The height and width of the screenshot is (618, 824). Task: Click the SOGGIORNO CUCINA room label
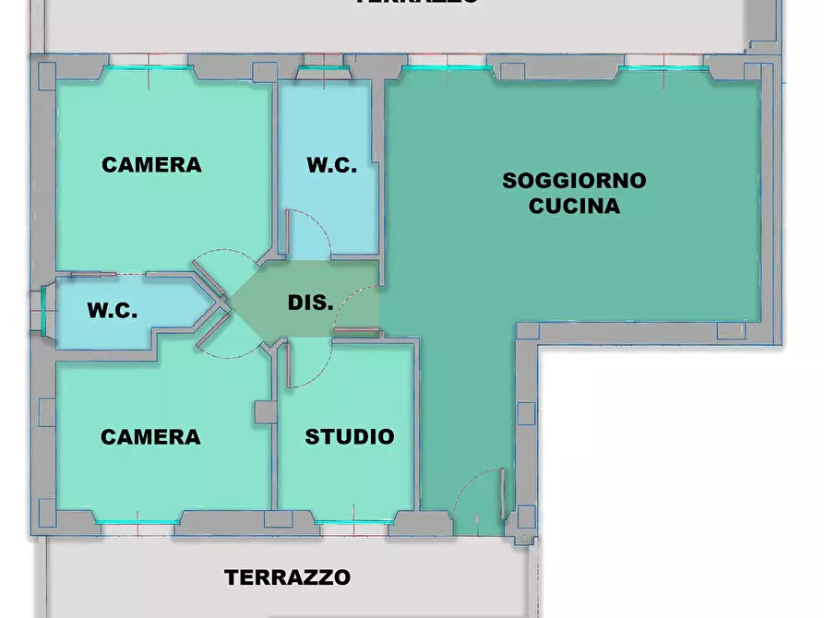[574, 193]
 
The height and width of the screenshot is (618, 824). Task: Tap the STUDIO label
[350, 436]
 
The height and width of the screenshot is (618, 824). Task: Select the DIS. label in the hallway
[310, 302]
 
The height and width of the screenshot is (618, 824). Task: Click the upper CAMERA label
[151, 165]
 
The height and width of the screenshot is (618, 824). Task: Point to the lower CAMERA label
[150, 436]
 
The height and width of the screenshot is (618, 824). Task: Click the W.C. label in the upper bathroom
[331, 165]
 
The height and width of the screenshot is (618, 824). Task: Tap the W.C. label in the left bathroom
[113, 310]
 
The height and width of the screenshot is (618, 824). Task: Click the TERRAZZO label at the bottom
[288, 577]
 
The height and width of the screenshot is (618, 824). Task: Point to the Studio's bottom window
[350, 523]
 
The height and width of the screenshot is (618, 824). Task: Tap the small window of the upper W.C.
[324, 66]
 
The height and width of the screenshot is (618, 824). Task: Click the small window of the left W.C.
[42, 309]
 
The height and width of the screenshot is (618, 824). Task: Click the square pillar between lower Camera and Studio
[266, 411]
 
